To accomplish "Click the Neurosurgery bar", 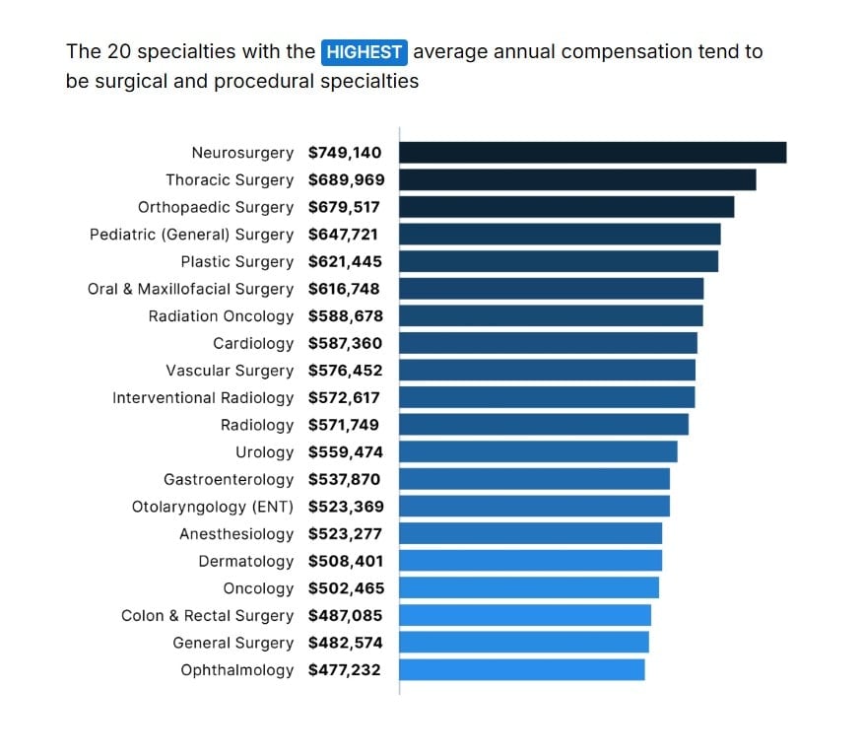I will [x=592, y=153].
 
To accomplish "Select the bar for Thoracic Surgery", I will [x=577, y=180].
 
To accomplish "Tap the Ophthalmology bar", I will [x=522, y=670].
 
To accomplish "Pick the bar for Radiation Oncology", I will [x=551, y=316].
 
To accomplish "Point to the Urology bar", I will [x=538, y=452].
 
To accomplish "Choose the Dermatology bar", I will [x=530, y=561].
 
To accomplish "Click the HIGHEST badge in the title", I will [x=364, y=52].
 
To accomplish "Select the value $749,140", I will [x=345, y=153].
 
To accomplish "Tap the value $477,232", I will [x=344, y=670].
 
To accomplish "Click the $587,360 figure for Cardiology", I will [x=345, y=344].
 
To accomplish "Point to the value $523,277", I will [x=344, y=534].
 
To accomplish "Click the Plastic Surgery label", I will [x=236, y=262].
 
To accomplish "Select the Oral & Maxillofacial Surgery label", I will [x=190, y=290].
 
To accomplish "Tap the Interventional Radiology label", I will [x=203, y=398].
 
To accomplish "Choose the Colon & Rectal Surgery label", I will [x=207, y=616].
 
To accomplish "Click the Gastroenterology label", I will [x=229, y=480].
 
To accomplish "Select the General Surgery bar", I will [x=524, y=643].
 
